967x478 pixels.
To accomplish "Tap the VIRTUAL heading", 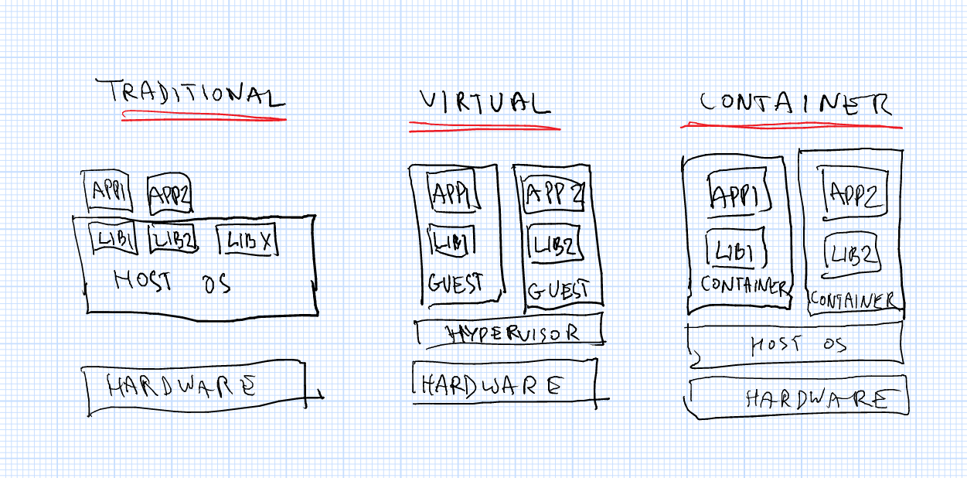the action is click(484, 104).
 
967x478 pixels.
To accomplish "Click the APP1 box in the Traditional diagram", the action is click(107, 192).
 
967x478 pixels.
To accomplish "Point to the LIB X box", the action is click(247, 241).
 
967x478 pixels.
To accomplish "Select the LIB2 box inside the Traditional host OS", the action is click(172, 241).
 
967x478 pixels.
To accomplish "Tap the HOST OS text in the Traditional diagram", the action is click(172, 281).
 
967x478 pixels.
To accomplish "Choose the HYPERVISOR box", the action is click(510, 333).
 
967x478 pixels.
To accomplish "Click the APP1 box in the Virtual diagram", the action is click(451, 191).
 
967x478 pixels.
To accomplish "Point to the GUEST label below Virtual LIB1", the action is click(455, 283).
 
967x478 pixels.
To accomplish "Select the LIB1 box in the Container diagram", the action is click(735, 251).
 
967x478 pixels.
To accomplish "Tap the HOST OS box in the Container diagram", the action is click(796, 344).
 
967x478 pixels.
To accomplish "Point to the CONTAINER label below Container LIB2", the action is click(853, 299).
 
